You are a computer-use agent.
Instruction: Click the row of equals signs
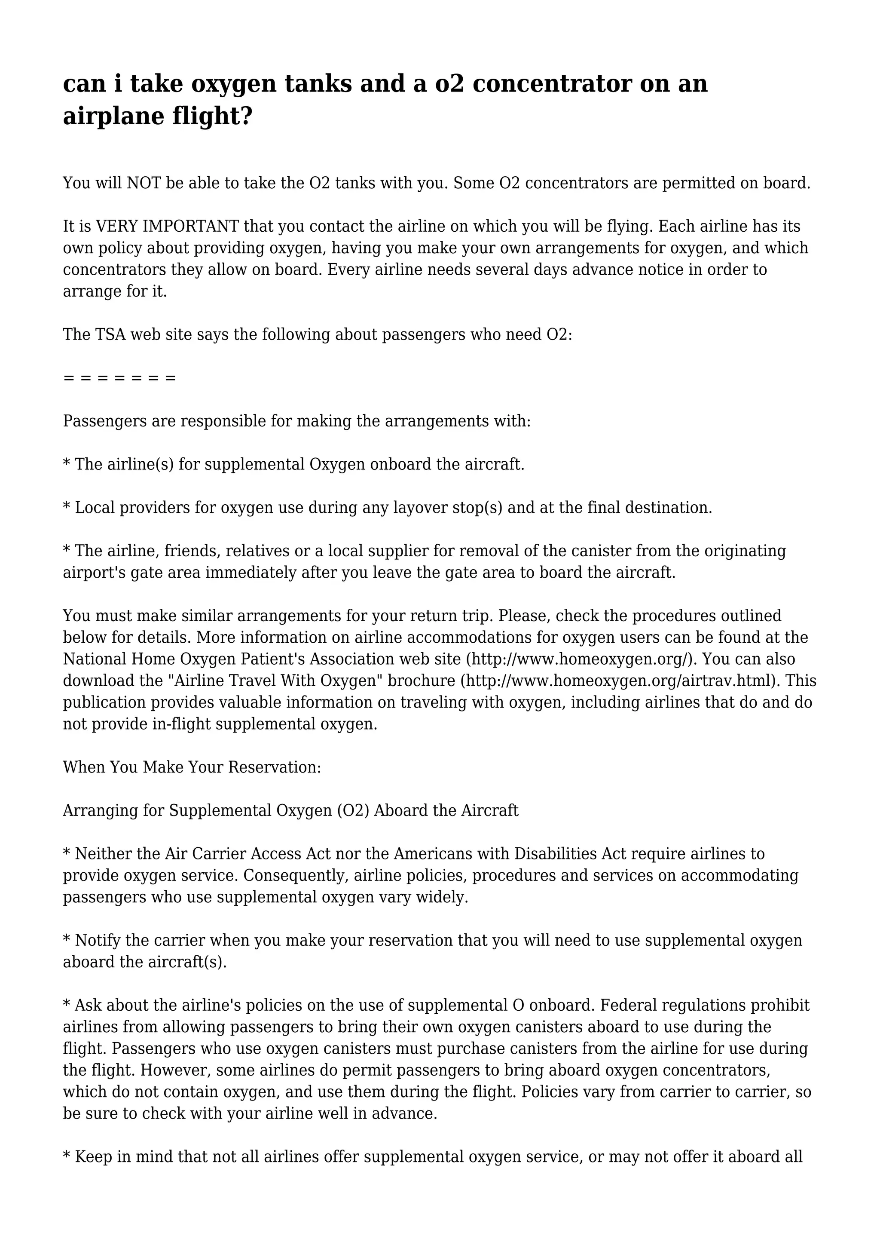point(119,377)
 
